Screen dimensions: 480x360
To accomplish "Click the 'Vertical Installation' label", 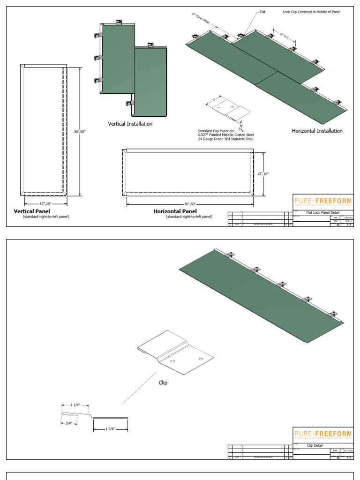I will (130, 124).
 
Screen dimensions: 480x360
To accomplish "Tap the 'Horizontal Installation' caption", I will (317, 131).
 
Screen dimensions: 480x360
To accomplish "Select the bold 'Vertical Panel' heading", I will (32, 211).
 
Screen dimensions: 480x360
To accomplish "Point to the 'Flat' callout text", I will (262, 12).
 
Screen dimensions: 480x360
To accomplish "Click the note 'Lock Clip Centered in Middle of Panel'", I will (312, 12).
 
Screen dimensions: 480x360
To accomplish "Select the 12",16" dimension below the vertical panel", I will (45, 204).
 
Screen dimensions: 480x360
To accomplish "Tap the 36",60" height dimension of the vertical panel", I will (80, 131).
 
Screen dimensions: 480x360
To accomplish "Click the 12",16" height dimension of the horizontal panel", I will (263, 173).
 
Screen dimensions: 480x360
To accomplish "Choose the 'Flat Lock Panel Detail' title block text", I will (319, 212).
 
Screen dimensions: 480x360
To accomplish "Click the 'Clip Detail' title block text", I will (315, 445).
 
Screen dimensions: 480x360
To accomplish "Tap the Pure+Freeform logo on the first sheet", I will (322, 202).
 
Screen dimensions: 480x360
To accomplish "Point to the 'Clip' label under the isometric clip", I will (163, 382).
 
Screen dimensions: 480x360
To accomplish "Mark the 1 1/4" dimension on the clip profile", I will (75, 405).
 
